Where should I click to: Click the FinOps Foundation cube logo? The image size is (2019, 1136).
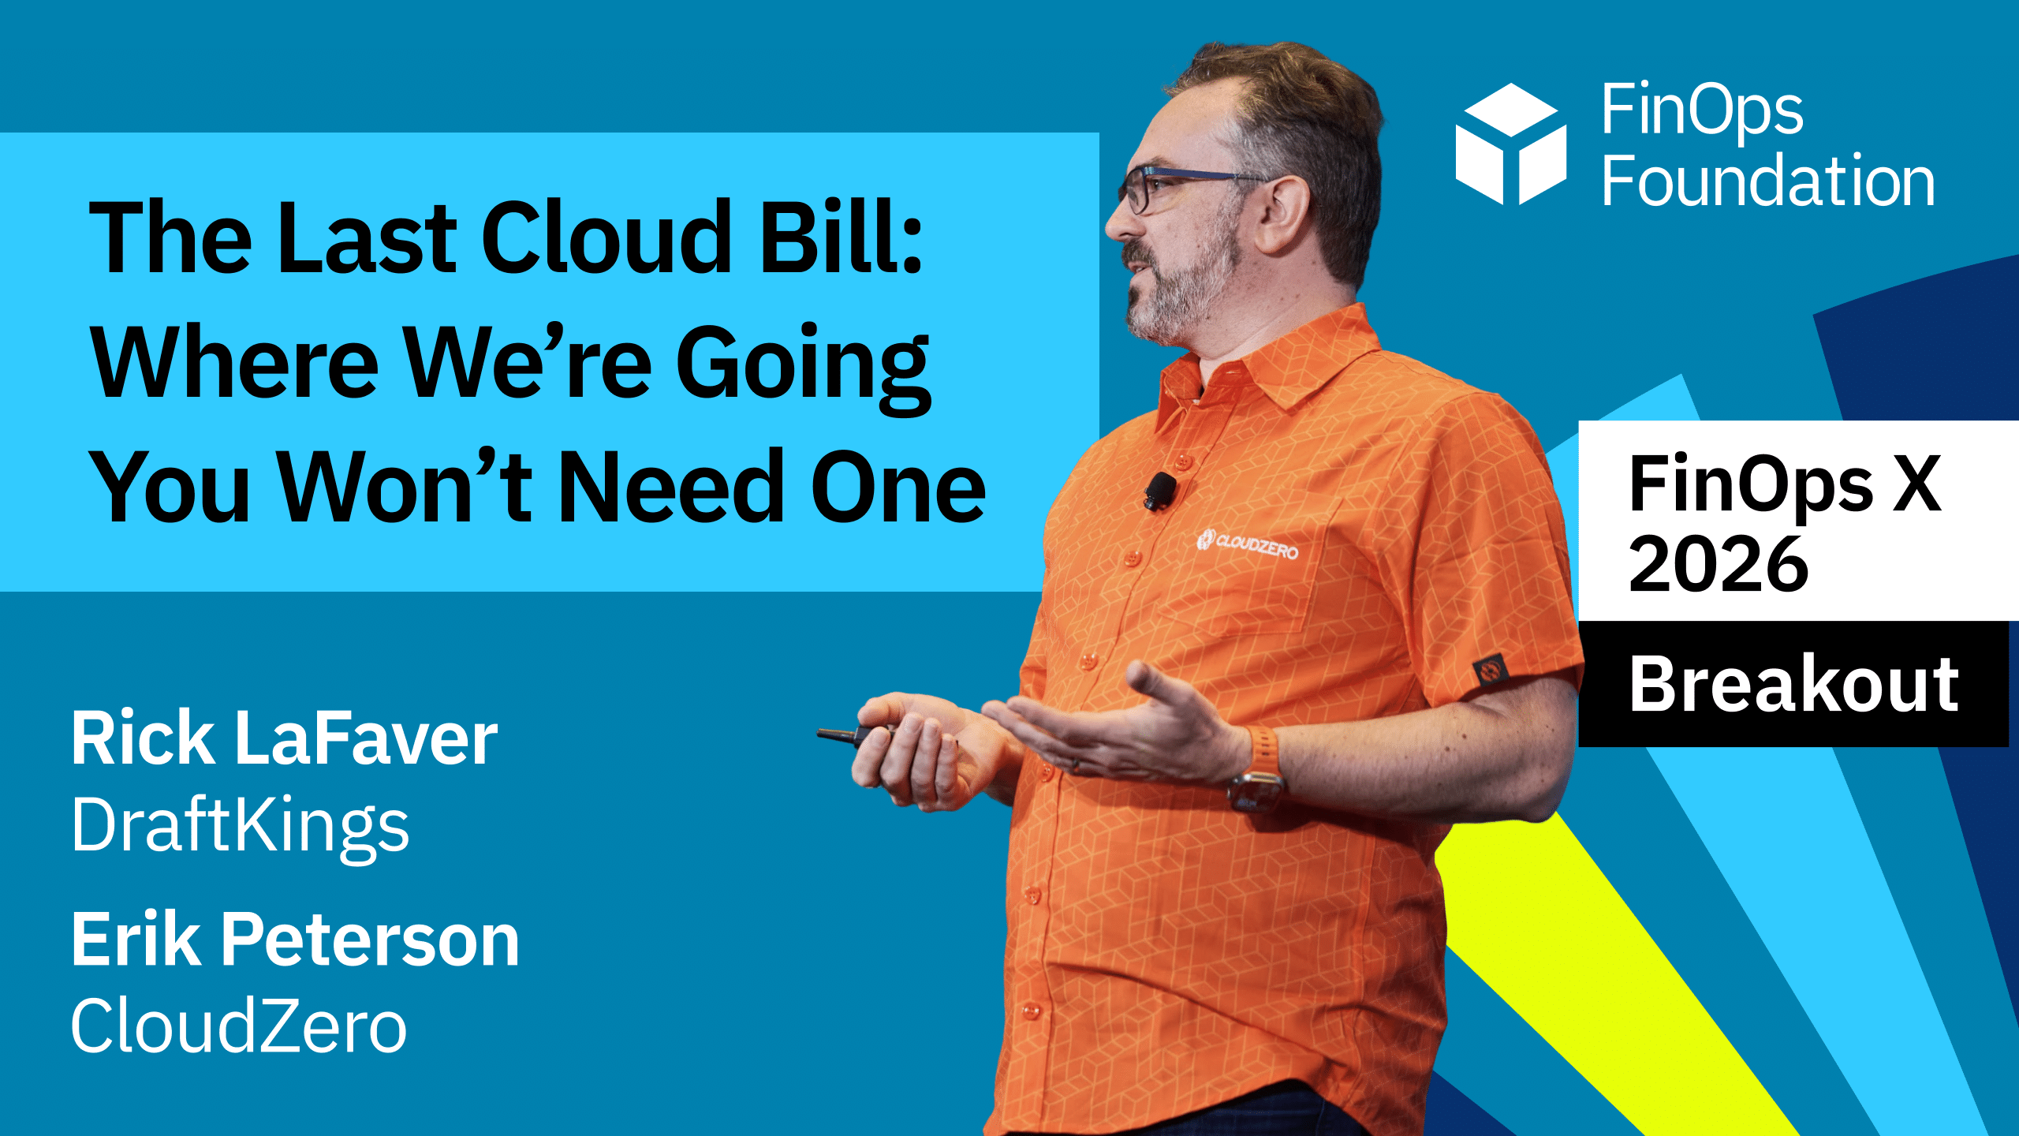point(1510,144)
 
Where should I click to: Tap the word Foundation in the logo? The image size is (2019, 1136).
point(1768,181)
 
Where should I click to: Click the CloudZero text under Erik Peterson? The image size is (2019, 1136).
point(239,1026)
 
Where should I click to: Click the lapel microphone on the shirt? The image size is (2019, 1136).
point(1160,490)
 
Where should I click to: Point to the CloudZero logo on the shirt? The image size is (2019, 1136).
point(1247,545)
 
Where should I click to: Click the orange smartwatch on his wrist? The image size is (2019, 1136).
point(1260,769)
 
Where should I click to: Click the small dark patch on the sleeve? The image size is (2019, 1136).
point(1490,671)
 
